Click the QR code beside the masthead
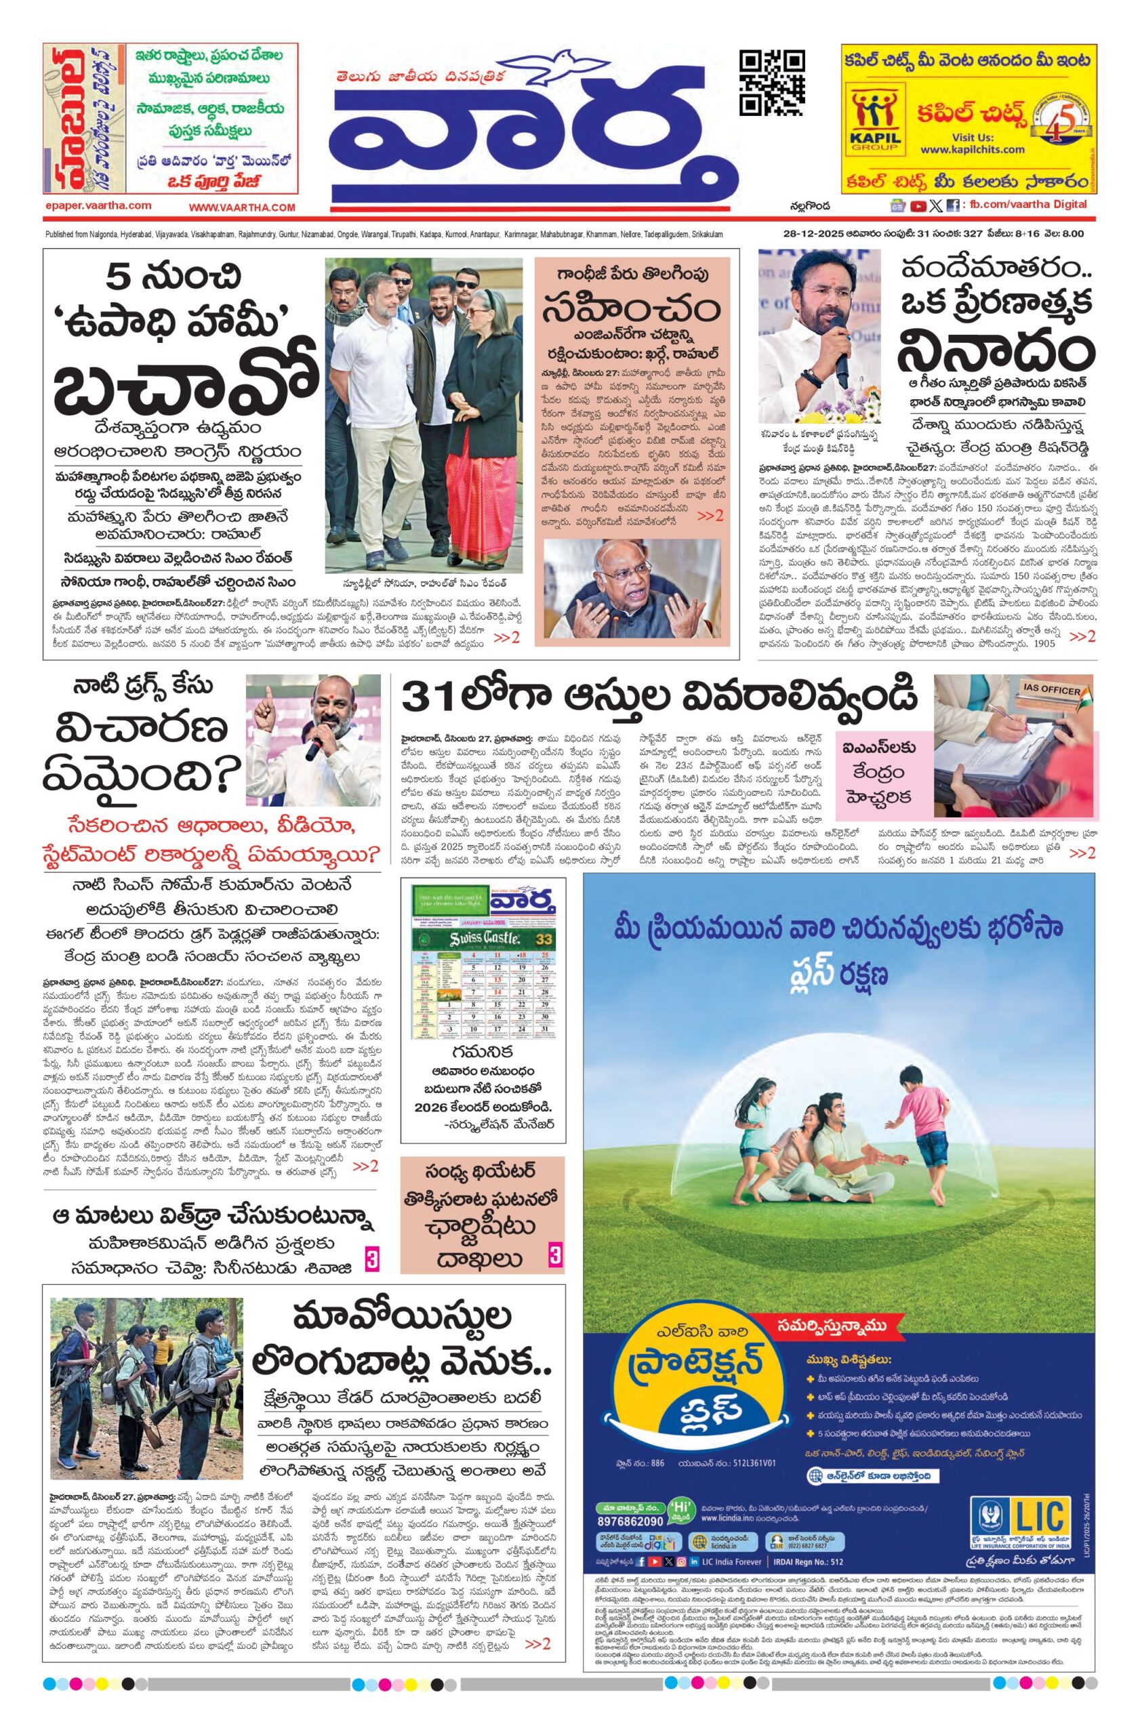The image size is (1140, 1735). click(x=772, y=83)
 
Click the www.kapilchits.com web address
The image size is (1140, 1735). click(x=972, y=150)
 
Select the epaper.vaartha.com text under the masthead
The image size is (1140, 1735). click(x=97, y=206)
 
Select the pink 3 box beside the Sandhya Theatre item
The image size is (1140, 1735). click(x=554, y=1256)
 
